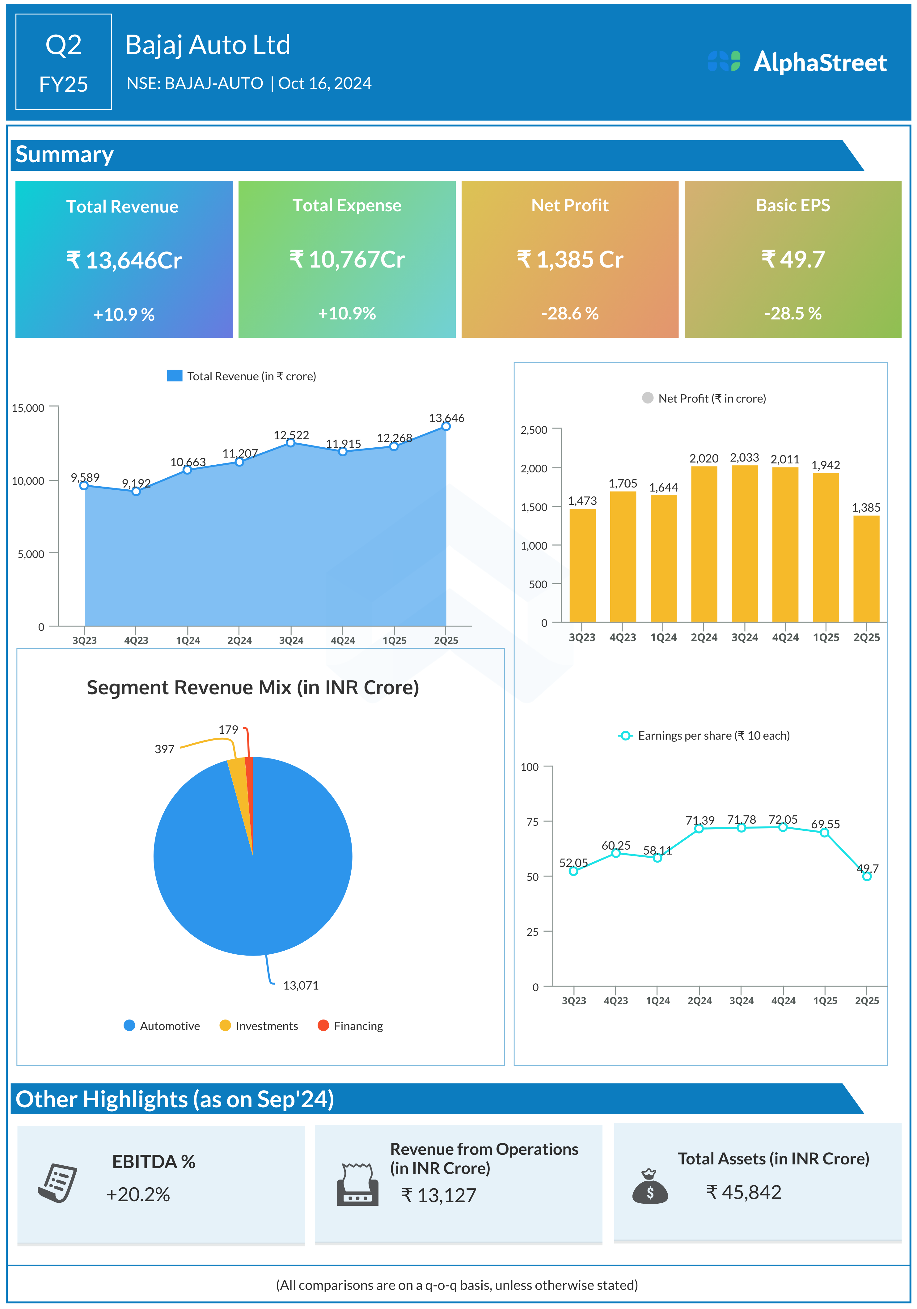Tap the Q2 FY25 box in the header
[63, 61]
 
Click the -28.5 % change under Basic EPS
[793, 313]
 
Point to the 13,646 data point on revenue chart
[446, 426]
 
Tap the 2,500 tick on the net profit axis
[534, 429]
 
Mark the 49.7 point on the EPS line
[866, 876]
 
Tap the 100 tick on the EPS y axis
[530, 767]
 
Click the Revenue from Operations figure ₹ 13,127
[438, 1195]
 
